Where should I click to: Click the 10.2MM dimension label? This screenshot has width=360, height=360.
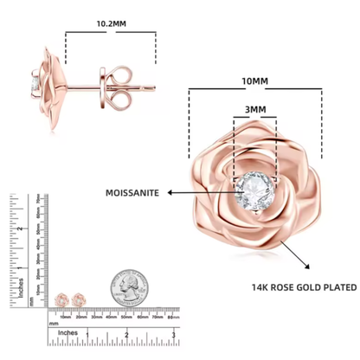(x=109, y=25)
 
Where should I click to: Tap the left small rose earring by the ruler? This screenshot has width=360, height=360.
(x=63, y=299)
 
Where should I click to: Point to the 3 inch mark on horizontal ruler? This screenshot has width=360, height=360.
(x=174, y=333)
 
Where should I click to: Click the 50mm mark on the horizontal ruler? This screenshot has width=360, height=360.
(x=126, y=317)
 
